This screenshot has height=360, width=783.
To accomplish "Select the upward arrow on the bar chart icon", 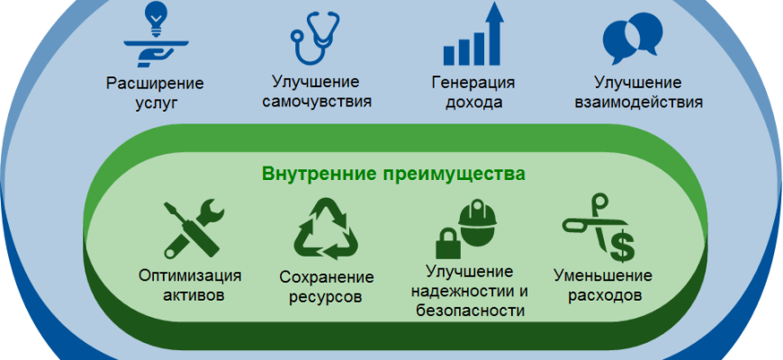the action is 494,33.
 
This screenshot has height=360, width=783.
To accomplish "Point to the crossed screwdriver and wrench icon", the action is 193,228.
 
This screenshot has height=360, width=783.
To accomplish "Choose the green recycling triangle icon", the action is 326,229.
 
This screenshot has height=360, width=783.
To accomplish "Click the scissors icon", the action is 594,222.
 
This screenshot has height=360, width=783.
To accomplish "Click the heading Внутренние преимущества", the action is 394,175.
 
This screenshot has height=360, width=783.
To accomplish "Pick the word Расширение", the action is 156,83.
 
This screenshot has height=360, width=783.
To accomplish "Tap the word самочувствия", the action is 317,101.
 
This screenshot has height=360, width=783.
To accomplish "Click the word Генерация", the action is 472,82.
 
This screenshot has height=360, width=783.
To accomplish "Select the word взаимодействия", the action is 639,102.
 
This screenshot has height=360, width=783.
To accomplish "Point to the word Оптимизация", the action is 190,275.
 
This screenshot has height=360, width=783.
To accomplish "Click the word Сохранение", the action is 326,277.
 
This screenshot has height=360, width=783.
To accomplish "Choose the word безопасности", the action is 470,310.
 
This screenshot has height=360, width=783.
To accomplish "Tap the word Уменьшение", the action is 603,275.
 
